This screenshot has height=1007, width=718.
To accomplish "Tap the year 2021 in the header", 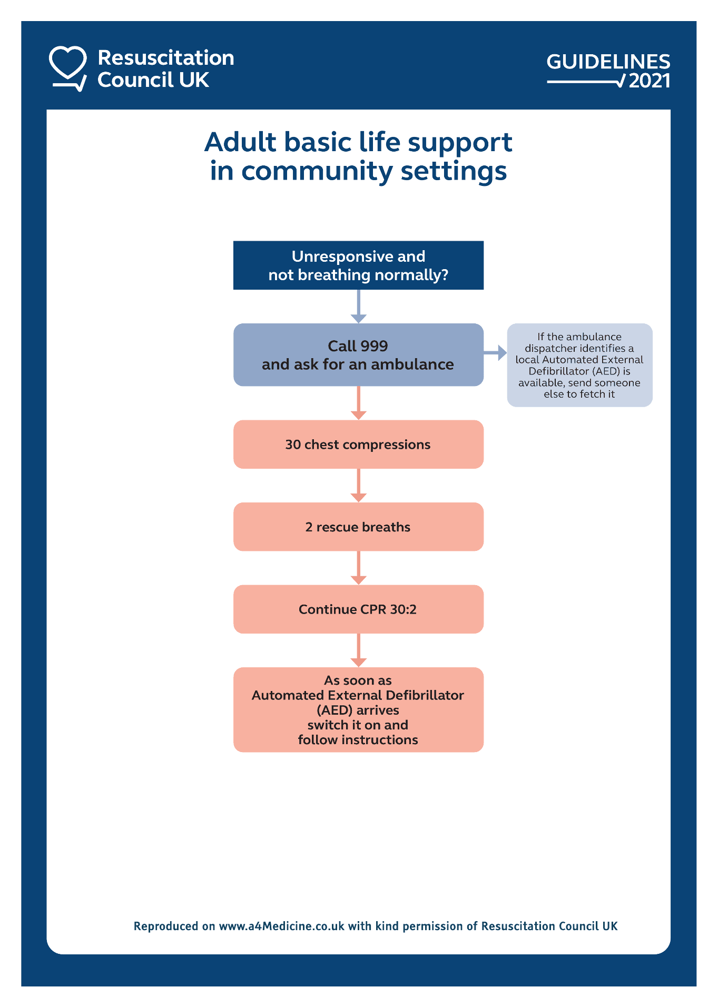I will tap(650, 81).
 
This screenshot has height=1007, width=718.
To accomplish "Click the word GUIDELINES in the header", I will tap(608, 62).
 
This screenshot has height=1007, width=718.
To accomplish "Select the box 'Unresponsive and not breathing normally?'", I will tap(358, 265).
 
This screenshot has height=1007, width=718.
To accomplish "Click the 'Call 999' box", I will tap(358, 355).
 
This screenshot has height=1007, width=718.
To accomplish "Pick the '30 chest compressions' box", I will tap(358, 445).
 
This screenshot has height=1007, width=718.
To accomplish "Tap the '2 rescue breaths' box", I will tap(358, 527).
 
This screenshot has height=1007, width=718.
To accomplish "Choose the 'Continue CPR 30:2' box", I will tap(358, 609).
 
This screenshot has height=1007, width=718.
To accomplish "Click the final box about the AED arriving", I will tap(358, 709).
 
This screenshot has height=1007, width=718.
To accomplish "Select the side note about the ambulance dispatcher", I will tap(579, 365).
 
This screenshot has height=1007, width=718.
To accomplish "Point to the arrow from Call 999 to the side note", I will tap(495, 353).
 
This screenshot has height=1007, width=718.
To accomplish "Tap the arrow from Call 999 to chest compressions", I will tap(358, 403).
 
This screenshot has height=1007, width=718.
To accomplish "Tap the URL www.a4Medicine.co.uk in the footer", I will tap(281, 926).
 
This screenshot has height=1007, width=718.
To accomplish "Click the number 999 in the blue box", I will tap(375, 346).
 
